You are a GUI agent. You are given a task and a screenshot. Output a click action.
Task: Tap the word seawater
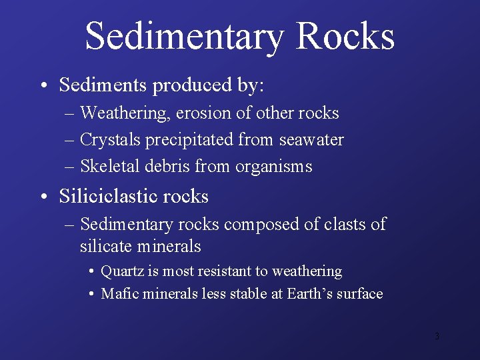point(311,140)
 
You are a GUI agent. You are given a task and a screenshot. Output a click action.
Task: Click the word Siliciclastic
point(115,197)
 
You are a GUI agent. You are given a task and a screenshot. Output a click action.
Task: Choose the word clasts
point(349,225)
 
